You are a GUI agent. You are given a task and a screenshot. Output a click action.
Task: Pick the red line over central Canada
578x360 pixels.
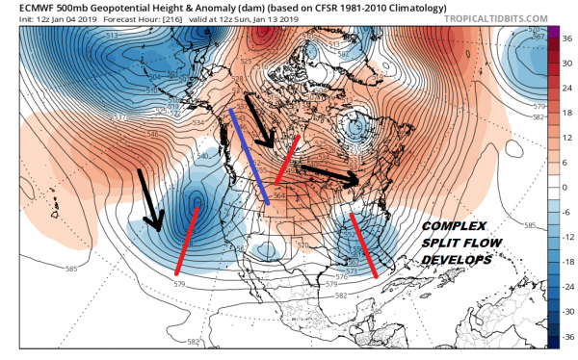click(287, 160)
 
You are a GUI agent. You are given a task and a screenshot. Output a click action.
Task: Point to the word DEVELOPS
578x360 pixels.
click(458, 260)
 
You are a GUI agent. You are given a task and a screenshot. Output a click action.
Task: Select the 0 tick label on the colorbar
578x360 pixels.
click(565, 187)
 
